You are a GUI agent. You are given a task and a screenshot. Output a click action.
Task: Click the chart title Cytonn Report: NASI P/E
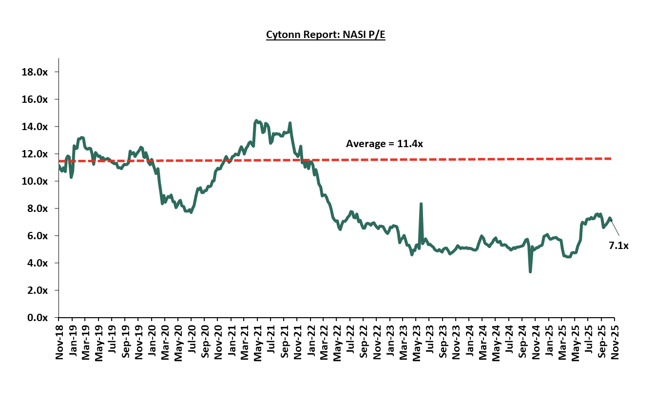(x=326, y=35)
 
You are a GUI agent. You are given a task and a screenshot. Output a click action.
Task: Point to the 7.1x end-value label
(x=618, y=246)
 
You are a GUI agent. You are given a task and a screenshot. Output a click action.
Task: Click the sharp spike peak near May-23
(x=421, y=204)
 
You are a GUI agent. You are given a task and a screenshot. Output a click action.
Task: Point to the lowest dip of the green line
(x=530, y=271)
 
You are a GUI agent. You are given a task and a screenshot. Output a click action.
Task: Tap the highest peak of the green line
(x=256, y=120)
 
